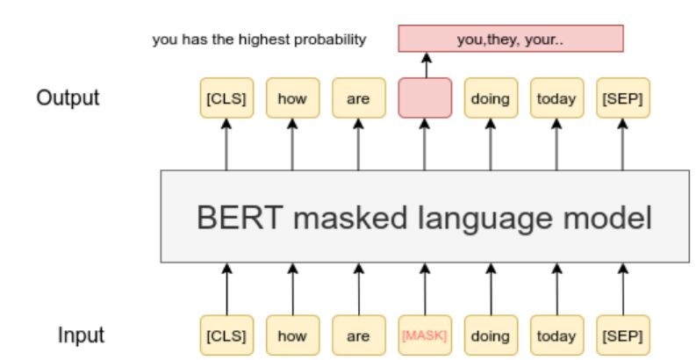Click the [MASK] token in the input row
tap(425, 335)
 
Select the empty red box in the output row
tap(425, 97)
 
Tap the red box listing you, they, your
tap(510, 39)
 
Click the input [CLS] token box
tap(226, 335)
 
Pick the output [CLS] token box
tap(226, 97)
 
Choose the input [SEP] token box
tap(621, 335)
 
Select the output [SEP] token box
tap(621, 97)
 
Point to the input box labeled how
tap(292, 335)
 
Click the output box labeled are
tap(358, 97)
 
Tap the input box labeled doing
tap(490, 335)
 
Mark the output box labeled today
tap(556, 97)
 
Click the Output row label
tap(68, 97)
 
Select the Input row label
tap(81, 335)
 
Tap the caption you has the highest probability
tap(259, 40)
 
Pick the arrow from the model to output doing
tap(490, 145)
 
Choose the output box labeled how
tap(292, 97)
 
